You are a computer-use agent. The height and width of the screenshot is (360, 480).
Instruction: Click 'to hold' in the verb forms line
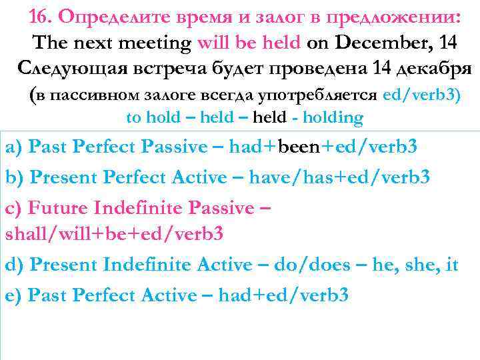(x=153, y=118)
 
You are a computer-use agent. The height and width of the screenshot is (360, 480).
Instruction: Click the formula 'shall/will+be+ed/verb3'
(x=114, y=234)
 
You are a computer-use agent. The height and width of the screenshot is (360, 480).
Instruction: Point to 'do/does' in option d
(x=311, y=265)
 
